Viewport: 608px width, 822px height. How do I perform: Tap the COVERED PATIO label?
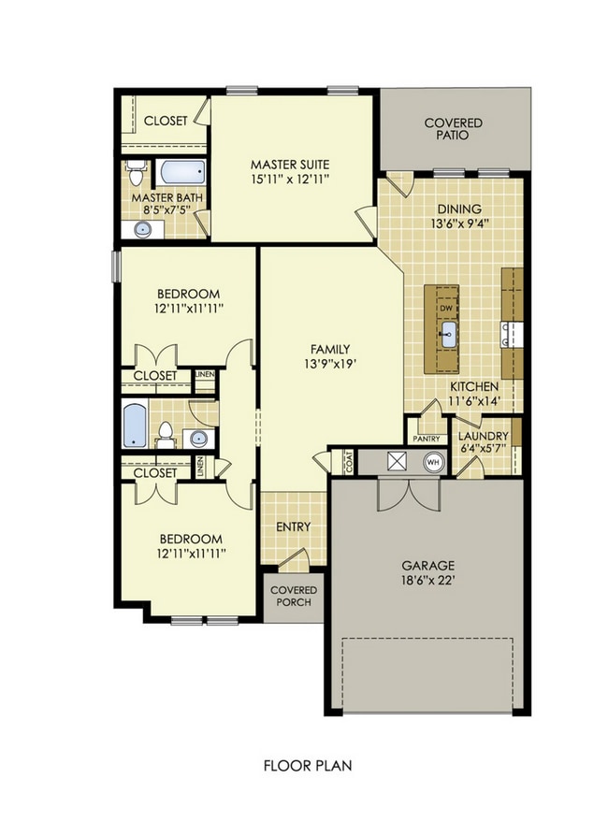453,129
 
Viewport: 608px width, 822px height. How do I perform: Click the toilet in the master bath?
137,174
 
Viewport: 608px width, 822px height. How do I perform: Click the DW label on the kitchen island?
446,308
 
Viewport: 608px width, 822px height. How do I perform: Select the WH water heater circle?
433,461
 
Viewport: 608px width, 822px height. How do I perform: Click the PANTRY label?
427,438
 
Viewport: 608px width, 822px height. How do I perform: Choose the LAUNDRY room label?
483,437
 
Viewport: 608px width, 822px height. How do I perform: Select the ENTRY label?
293,526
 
